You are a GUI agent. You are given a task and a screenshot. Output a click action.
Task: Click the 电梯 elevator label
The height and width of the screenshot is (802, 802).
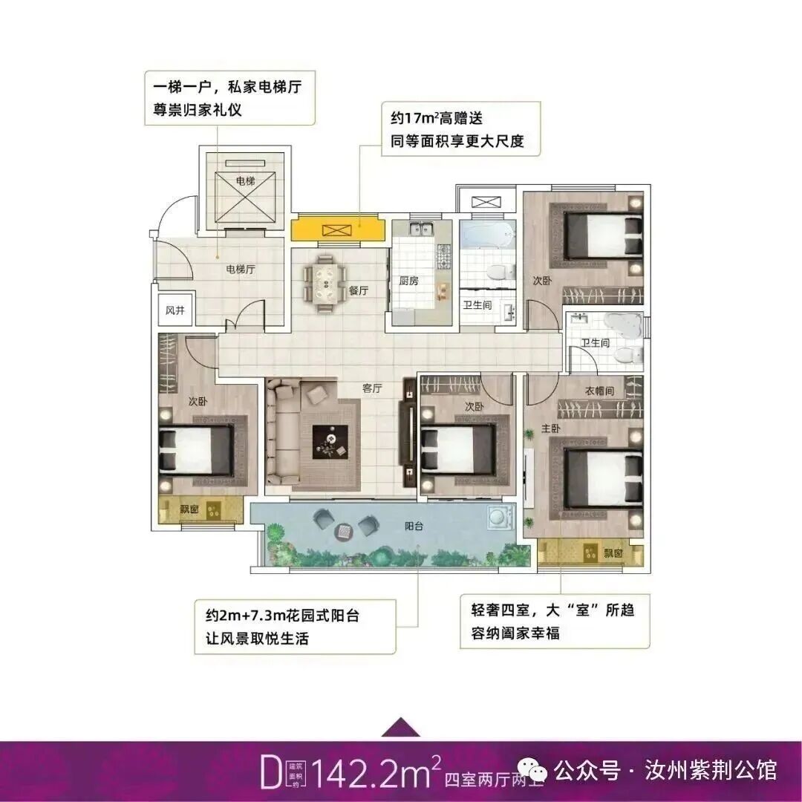[245, 180]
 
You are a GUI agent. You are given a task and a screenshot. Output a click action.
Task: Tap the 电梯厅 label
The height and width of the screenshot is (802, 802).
[241, 270]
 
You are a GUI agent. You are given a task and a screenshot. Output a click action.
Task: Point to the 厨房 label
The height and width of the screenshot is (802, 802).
[408, 281]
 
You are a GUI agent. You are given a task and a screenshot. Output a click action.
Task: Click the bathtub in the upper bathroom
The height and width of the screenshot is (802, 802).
[487, 238]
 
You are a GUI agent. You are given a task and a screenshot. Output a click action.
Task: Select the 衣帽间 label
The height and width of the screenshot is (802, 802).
[599, 391]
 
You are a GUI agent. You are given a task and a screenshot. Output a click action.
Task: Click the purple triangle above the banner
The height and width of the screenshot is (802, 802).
[401, 726]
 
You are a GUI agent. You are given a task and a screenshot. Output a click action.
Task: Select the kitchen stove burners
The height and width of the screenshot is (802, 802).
[444, 256]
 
